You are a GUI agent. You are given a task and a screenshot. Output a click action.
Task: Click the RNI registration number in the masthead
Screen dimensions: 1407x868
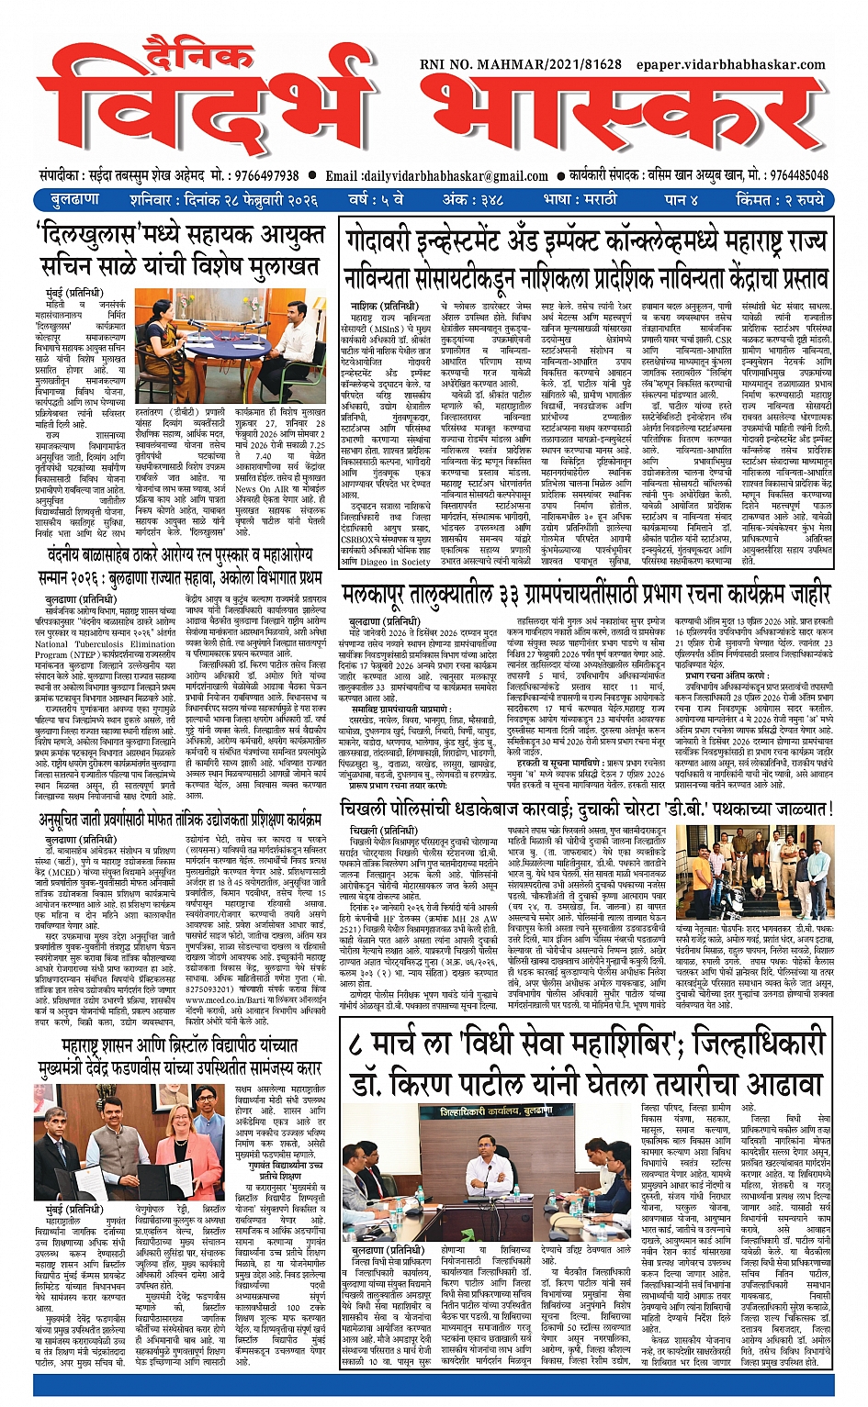pos(521,65)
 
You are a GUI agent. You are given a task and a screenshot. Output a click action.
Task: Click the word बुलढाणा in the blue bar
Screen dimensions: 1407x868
pos(75,199)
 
